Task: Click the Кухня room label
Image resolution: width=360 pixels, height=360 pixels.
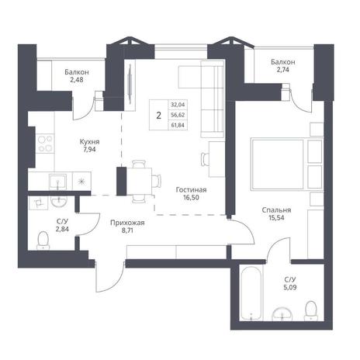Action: (x=89, y=142)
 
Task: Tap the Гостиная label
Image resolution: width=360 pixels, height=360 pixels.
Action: (x=191, y=190)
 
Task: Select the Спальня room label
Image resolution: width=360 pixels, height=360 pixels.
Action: (x=276, y=210)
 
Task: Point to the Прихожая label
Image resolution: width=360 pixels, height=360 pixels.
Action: (x=127, y=223)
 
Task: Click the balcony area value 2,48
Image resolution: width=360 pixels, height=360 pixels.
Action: (x=77, y=80)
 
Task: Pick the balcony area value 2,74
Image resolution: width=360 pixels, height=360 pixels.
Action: (x=282, y=70)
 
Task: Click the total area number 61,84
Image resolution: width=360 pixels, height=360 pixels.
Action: (x=178, y=126)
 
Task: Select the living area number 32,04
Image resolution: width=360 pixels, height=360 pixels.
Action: (x=178, y=105)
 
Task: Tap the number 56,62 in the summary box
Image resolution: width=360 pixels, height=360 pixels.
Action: (x=178, y=115)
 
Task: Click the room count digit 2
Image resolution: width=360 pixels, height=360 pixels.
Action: (x=159, y=116)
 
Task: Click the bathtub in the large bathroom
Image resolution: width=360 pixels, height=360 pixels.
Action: (x=251, y=292)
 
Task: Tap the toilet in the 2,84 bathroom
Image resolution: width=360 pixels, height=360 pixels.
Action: (x=43, y=241)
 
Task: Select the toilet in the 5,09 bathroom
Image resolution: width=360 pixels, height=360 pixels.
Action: (x=311, y=310)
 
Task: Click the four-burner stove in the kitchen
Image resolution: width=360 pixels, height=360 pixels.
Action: (x=45, y=144)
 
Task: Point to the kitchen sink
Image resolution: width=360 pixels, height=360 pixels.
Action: (x=57, y=181)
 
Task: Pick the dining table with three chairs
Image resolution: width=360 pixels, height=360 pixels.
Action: (x=139, y=181)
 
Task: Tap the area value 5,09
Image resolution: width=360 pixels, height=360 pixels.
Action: (x=290, y=287)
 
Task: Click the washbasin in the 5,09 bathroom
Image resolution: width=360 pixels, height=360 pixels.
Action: (x=282, y=313)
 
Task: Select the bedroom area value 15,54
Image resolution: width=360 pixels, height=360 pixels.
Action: (x=276, y=218)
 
